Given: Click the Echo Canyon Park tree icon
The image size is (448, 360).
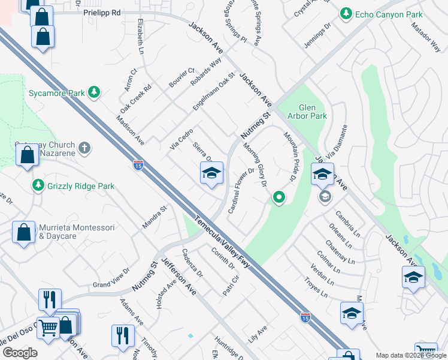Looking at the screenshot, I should tap(346, 14).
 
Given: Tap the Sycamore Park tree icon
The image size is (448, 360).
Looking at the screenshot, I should tap(93, 92).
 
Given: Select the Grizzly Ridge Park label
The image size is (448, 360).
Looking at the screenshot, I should tap(81, 186).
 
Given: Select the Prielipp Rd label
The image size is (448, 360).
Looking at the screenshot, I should tap(102, 13).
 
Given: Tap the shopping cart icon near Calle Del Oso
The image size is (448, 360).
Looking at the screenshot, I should tap(49, 328).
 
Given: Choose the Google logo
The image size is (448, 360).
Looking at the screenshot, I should tap(20, 352).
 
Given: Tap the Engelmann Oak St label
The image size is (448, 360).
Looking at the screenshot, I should tap(213, 91).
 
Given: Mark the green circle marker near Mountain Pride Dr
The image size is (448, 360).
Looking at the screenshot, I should tap(279, 196).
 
